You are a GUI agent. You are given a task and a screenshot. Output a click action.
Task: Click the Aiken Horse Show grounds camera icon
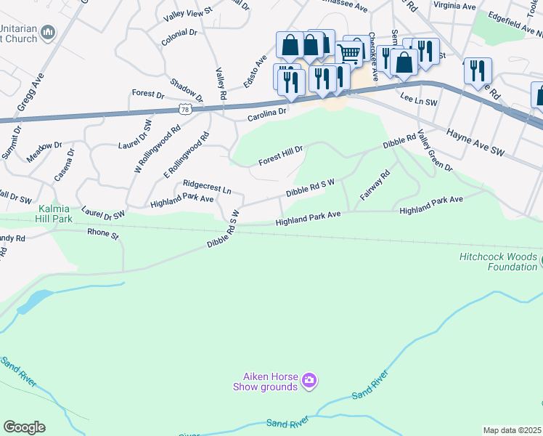(309, 380)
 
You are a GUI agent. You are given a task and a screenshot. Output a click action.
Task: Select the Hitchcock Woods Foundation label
(498, 262)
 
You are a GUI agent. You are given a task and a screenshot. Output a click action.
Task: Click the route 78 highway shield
(186, 109)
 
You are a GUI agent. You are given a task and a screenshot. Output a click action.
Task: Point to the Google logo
(24, 427)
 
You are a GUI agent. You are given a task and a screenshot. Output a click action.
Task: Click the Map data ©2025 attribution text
(513, 430)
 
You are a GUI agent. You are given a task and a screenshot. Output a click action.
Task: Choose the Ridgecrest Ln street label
(207, 187)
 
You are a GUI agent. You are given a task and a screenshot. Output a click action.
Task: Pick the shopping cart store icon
(349, 52)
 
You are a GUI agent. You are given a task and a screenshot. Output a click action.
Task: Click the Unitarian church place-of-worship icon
(49, 32)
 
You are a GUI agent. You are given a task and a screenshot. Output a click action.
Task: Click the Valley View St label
(187, 13)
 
